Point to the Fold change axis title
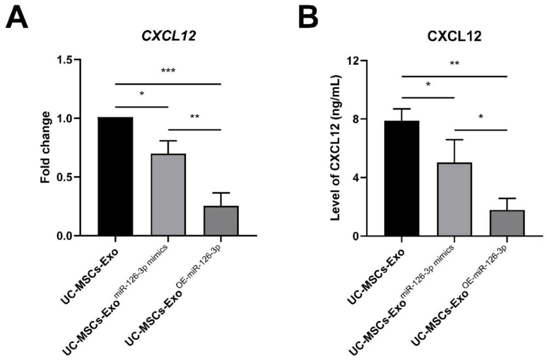click(x=47, y=147)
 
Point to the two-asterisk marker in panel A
click(x=194, y=117)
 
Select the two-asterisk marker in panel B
click(x=454, y=64)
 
